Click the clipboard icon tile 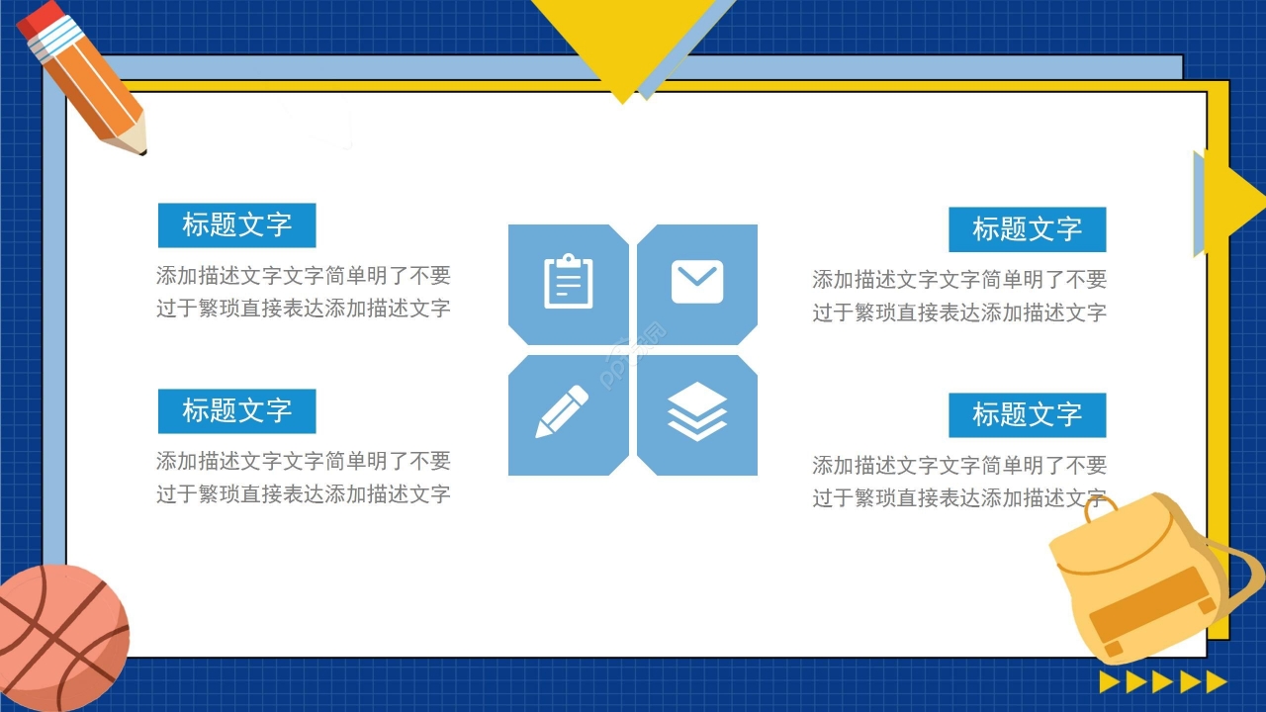point(569,283)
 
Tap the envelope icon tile point(697,283)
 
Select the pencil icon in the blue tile point(562,411)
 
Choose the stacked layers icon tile point(697,411)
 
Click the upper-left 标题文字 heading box point(236,225)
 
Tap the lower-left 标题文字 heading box point(236,410)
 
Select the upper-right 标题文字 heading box point(1027,229)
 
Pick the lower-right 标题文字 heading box point(1027,414)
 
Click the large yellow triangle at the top point(623,40)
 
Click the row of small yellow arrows point(1163,681)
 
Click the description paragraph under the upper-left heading point(303,292)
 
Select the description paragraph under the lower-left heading point(303,477)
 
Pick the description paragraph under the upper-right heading point(959,296)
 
